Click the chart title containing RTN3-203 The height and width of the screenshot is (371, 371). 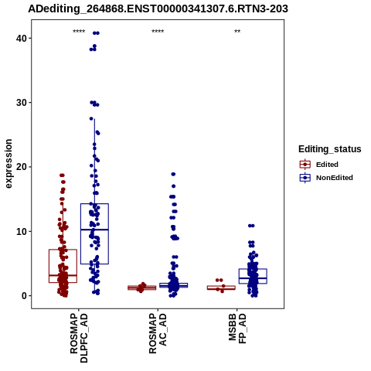tap(158, 9)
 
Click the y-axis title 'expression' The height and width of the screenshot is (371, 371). tap(9, 164)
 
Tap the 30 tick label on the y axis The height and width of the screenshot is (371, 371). tap(22, 103)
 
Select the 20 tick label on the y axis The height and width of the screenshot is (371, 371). tap(22, 167)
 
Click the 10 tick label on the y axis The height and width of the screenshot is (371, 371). tap(22, 231)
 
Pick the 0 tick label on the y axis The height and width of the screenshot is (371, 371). tap(24, 296)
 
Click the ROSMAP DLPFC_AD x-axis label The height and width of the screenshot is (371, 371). tap(79, 338)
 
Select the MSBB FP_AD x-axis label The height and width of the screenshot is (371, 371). tap(237, 328)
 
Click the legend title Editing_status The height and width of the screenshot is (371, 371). tap(330, 149)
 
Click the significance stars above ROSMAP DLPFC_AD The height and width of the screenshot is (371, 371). tap(79, 32)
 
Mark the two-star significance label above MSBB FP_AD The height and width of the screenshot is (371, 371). tap(237, 32)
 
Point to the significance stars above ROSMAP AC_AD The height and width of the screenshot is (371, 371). tap(158, 32)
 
